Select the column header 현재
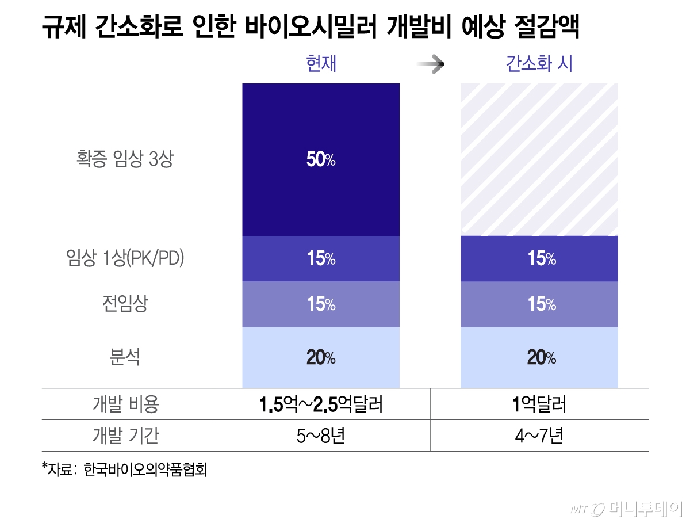tap(321, 63)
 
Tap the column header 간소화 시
tap(539, 63)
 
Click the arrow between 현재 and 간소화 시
tap(431, 64)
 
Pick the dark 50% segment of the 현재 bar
tap(321, 159)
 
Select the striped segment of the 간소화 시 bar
tap(539, 159)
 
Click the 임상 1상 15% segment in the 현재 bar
tap(321, 259)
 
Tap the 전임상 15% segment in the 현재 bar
tap(321, 304)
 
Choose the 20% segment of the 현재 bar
tap(321, 358)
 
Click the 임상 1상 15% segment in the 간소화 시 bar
tap(539, 259)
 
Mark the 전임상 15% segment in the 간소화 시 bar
tap(539, 304)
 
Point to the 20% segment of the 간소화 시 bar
tap(539, 358)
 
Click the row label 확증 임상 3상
tap(125, 159)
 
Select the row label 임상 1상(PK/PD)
tap(125, 259)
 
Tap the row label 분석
tap(125, 358)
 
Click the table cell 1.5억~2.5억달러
tap(321, 404)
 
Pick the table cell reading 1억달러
tap(539, 404)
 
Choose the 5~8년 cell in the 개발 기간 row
tap(321, 436)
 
